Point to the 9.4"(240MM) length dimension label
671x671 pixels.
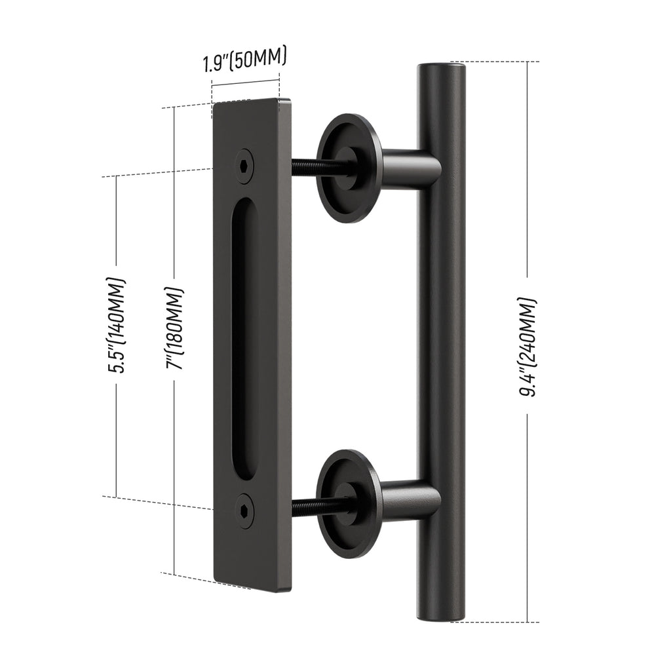click(x=529, y=348)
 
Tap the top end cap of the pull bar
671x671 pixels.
click(x=442, y=66)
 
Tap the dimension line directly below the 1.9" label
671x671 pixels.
click(x=246, y=84)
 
